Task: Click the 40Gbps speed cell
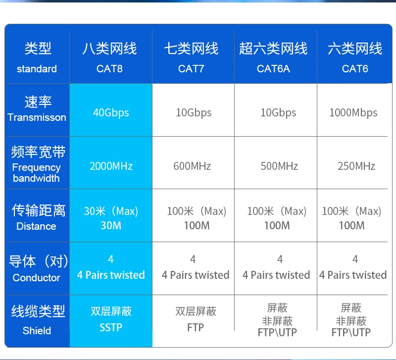[111, 113]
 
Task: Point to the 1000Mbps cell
[353, 113]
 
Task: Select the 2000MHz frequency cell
[111, 166]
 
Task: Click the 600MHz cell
[192, 166]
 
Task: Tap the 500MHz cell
[279, 166]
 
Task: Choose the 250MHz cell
[356, 166]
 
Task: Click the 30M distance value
[111, 225]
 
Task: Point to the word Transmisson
[37, 117]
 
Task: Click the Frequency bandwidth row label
[36, 173]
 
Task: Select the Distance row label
[36, 226]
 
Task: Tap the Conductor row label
[36, 278]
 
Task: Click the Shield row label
[37, 331]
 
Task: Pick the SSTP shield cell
[111, 327]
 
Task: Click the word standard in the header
[37, 69]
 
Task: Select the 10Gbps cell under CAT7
[194, 113]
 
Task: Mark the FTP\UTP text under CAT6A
[277, 332]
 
